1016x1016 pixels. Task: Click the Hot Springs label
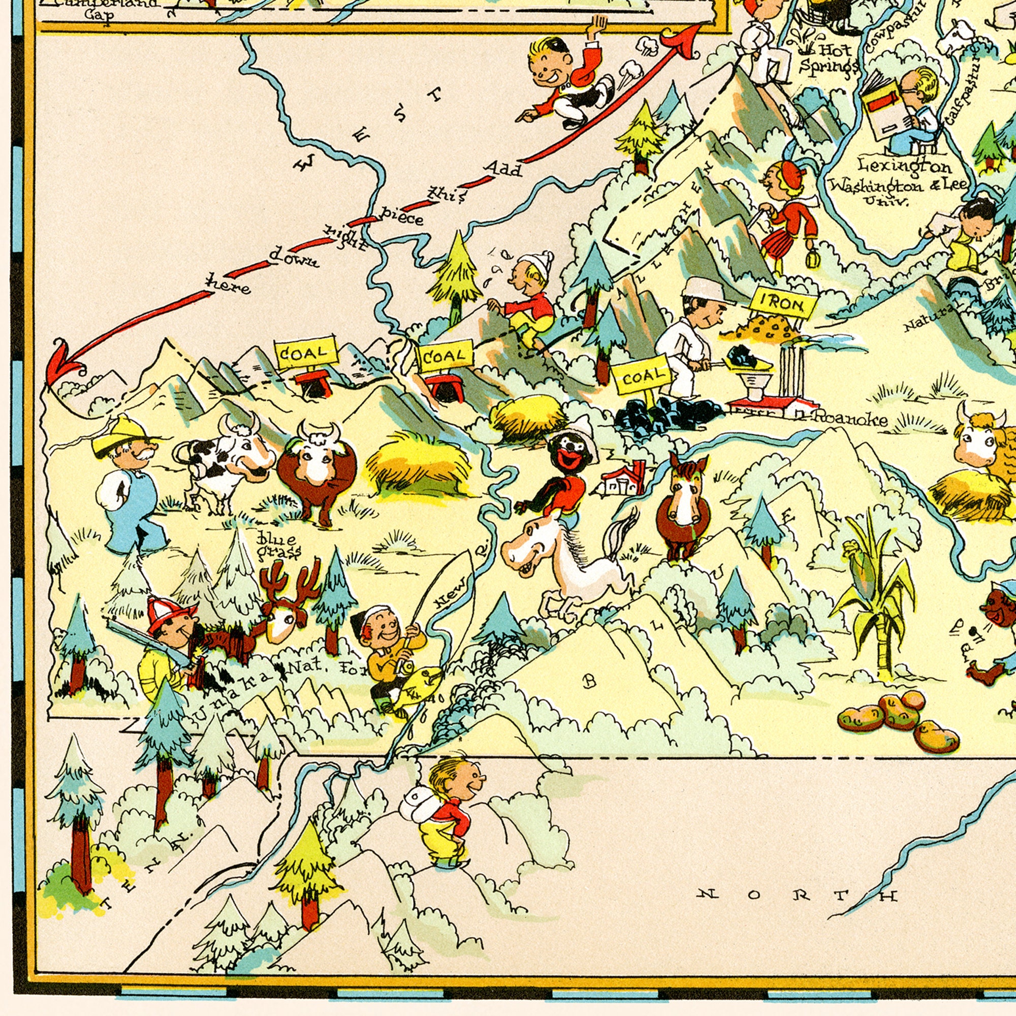click(829, 59)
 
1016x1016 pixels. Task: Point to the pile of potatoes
click(899, 715)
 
